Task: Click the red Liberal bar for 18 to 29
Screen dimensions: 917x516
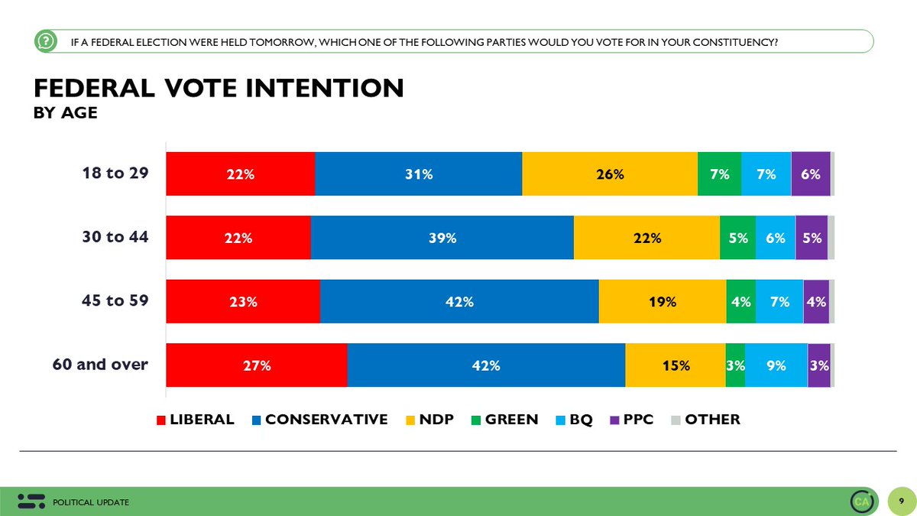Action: (241, 174)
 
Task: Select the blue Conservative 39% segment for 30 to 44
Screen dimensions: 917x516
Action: (442, 238)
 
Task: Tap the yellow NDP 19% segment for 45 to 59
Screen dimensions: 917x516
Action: (663, 301)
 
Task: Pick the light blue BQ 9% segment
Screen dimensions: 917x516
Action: (776, 365)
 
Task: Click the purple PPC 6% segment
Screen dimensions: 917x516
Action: (811, 174)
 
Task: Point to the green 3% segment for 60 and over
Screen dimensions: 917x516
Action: (735, 365)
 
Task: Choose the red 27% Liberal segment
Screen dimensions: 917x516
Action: (257, 365)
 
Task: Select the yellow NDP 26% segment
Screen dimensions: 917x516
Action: (610, 174)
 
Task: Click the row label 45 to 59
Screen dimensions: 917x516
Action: (115, 300)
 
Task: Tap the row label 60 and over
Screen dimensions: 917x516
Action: (100, 364)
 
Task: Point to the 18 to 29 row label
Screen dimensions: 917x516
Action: (115, 173)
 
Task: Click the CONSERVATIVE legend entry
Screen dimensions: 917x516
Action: (319, 420)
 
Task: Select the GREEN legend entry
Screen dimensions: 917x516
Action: (505, 420)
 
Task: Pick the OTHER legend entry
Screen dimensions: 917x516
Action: (706, 420)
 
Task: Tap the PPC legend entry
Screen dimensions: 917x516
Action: (632, 420)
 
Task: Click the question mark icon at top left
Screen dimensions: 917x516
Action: (46, 41)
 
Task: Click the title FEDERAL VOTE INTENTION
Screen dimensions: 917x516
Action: (219, 88)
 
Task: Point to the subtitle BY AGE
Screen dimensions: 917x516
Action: (66, 112)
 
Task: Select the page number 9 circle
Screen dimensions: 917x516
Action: (901, 501)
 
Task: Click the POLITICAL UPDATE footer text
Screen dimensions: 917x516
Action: (91, 502)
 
